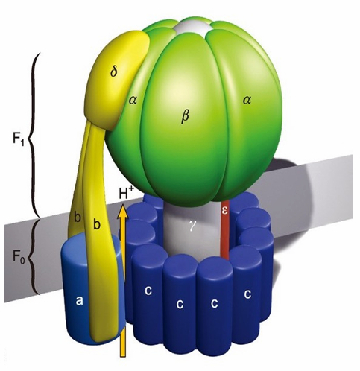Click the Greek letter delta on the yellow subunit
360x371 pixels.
point(114,72)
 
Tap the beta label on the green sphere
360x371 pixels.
point(185,116)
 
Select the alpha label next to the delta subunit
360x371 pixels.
point(133,100)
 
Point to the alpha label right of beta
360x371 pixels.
point(247,100)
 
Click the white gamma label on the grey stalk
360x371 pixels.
point(192,227)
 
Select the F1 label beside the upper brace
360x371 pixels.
point(19,140)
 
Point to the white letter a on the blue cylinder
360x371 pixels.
point(79,301)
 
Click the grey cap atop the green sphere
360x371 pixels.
point(194,26)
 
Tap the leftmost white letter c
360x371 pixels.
point(148,291)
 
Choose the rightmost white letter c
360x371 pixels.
point(247,294)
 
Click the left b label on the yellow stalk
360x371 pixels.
point(78,218)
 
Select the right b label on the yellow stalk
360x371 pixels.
point(97,224)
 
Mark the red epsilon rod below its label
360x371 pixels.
point(224,238)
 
